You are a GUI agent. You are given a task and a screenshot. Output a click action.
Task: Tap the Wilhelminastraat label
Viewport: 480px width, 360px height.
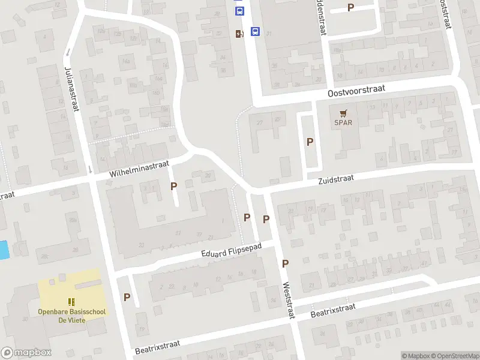pos(140,168)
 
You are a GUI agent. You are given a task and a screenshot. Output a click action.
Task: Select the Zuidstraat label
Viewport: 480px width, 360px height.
pos(336,179)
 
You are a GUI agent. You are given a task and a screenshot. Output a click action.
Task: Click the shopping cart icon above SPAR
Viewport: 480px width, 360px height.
pos(343,113)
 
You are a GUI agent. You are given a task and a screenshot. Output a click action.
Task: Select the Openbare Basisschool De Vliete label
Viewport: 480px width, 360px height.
pos(71,316)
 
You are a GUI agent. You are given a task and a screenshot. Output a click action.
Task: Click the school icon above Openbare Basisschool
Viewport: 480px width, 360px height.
pos(71,302)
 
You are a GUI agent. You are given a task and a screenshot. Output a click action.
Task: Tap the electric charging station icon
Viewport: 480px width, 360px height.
pos(239,34)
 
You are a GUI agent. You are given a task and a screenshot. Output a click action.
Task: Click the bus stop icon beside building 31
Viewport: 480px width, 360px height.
pos(255,32)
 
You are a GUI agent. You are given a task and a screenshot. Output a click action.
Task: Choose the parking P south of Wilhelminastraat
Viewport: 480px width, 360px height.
pos(174,186)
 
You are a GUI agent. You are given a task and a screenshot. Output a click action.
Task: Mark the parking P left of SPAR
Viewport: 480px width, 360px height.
pos(310,142)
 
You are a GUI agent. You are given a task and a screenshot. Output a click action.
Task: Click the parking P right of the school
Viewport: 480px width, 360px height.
pos(127,297)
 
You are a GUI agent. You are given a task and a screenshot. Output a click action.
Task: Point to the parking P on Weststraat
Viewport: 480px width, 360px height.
pos(286,263)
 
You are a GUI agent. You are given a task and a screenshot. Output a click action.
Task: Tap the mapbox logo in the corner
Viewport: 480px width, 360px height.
pos(26,353)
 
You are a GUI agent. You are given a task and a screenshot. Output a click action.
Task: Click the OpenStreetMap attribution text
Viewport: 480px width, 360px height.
pos(454,356)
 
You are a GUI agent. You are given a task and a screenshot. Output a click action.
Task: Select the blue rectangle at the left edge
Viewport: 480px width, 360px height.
pos(4,250)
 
